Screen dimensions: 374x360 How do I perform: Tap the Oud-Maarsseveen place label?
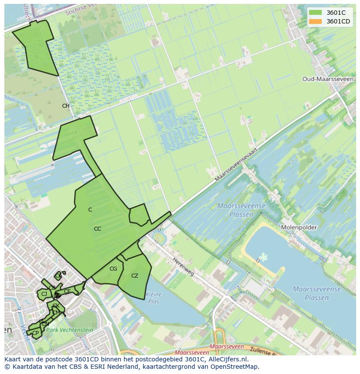(322, 79)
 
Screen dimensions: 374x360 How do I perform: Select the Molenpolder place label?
(299, 227)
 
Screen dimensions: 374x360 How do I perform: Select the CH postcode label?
(66, 106)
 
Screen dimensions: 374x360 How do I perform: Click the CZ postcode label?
(135, 276)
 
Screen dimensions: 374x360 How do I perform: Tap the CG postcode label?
(113, 269)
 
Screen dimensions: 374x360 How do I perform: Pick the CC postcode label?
(97, 229)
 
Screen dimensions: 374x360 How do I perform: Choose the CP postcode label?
(36, 333)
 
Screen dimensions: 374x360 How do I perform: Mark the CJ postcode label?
(44, 294)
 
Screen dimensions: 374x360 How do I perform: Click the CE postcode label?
(67, 291)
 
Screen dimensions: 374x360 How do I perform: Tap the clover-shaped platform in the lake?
(263, 258)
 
